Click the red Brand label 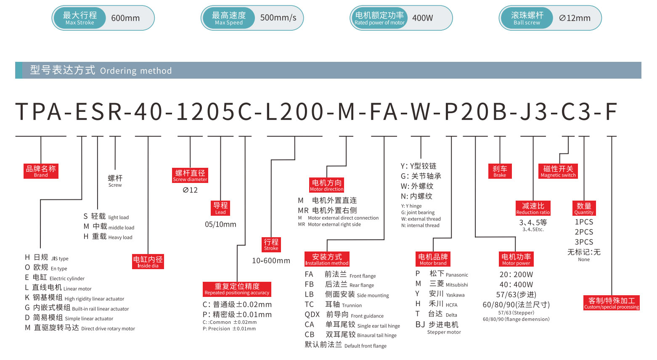(x=41, y=171)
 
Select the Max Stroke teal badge (x=79, y=18)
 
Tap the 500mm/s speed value (x=278, y=18)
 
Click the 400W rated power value (x=422, y=18)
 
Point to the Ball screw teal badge (x=527, y=18)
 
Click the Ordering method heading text (x=101, y=70)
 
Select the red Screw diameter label (x=190, y=175)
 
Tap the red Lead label (x=220, y=208)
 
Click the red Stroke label (x=271, y=244)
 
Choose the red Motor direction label (x=327, y=185)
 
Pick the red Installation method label (x=327, y=259)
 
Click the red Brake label (x=500, y=171)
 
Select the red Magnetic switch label (x=558, y=171)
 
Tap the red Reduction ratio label (x=533, y=208)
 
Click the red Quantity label (x=584, y=208)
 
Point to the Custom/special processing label (x=612, y=303)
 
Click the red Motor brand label (x=433, y=259)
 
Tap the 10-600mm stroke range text (x=271, y=261)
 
